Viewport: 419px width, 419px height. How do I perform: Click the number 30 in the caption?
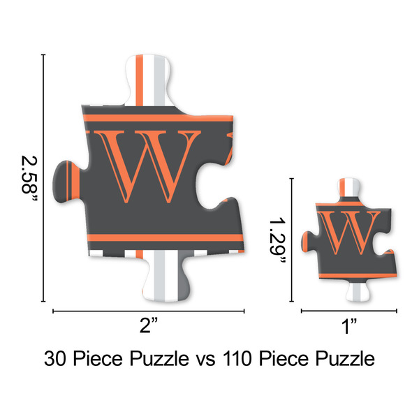[x=57, y=360]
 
